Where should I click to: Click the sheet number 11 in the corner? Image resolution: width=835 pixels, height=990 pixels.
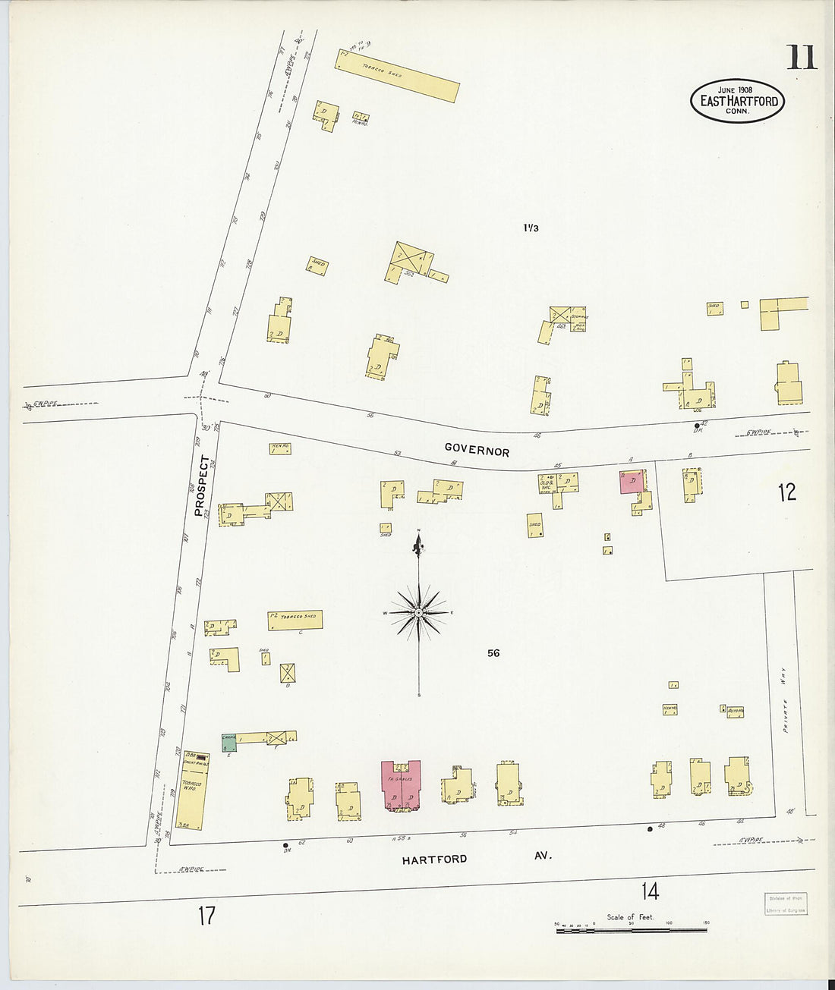point(802,58)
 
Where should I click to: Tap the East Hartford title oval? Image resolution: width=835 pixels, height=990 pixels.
point(738,101)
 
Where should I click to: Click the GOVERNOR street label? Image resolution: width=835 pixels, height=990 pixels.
point(477,450)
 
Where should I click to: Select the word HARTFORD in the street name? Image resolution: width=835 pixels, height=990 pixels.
point(434,860)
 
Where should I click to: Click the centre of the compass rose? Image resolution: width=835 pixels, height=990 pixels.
point(418,611)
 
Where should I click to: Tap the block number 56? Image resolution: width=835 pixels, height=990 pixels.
point(493,653)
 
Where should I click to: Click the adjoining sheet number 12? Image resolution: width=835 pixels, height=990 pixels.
point(786,492)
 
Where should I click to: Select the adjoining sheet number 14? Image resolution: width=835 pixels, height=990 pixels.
point(650,891)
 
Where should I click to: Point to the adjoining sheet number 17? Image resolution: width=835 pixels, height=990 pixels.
point(206,916)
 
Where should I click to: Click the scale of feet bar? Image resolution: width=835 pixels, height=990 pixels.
point(632,929)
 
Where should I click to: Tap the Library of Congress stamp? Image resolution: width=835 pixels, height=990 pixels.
point(785,904)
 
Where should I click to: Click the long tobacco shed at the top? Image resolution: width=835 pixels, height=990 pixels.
point(398,76)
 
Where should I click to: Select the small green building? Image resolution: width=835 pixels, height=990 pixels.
point(229,743)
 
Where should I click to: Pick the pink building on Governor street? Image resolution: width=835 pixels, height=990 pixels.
point(632,482)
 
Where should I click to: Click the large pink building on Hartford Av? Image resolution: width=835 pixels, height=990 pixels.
point(400,786)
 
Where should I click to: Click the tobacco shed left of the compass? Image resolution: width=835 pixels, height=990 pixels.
point(295,620)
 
